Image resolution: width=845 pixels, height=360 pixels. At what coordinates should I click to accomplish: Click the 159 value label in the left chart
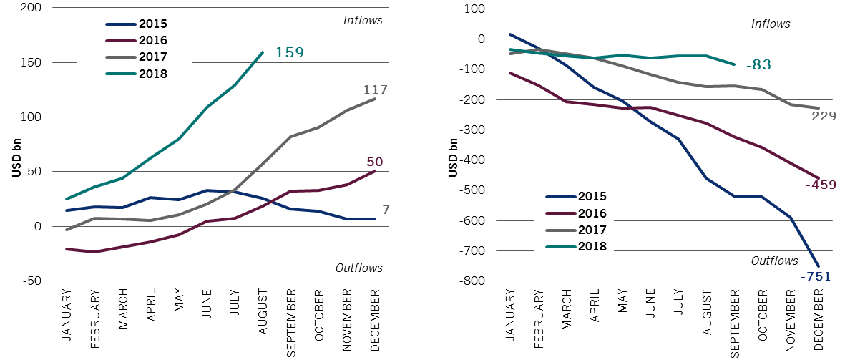pos(290,53)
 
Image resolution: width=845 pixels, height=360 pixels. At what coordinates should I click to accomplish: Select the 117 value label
pos(375,90)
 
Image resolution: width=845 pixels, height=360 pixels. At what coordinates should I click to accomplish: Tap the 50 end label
pos(374,162)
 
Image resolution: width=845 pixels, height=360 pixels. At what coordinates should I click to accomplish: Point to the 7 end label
pos(386,210)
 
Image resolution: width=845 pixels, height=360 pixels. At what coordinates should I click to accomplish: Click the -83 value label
pos(758,65)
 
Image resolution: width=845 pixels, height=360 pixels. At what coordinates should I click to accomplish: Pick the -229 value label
pos(821,117)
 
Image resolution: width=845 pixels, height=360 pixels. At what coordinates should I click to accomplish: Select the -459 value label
pos(821,185)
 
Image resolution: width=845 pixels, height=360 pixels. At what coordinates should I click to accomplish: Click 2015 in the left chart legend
pos(152,24)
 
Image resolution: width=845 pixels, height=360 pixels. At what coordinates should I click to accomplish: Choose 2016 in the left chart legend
pos(152,41)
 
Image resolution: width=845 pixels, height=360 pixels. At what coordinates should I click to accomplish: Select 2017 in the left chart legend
pos(152,57)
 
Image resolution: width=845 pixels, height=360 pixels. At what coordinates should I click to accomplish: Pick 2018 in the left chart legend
pos(152,73)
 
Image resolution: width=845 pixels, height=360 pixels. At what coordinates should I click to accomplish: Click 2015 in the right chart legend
pos(592,197)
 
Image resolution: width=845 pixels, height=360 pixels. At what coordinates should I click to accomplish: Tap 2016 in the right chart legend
pos(592,213)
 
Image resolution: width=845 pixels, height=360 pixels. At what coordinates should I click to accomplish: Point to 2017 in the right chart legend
pos(592,230)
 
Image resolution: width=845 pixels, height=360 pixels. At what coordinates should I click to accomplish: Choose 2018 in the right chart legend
pos(592,246)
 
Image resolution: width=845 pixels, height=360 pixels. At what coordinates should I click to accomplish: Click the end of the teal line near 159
pos(263,52)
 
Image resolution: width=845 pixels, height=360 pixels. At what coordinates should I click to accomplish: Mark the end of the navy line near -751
pos(819,266)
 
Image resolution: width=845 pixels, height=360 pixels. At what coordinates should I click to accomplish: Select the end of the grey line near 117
pos(375,99)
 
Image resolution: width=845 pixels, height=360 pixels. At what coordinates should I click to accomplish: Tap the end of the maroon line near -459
pos(819,177)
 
